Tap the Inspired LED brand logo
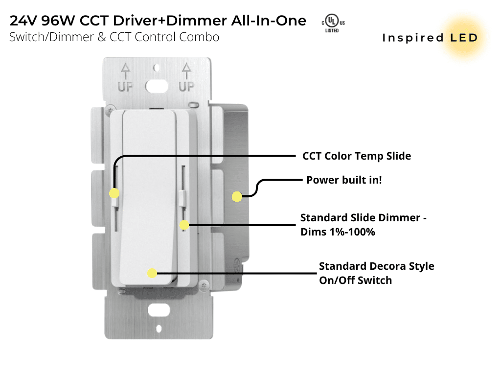click(430, 38)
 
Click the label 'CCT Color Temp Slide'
click(357, 156)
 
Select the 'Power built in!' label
click(344, 180)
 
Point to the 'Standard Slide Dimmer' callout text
click(363, 218)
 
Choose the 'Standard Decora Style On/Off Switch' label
click(376, 273)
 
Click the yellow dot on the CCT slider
click(114, 193)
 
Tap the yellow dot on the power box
click(237, 197)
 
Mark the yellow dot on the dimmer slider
click(184, 225)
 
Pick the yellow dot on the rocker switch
click(152, 273)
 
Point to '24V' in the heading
click(24, 21)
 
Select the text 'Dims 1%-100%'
click(338, 232)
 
